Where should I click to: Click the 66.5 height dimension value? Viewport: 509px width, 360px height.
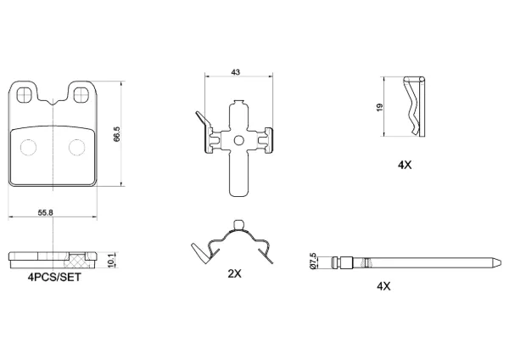point(117,134)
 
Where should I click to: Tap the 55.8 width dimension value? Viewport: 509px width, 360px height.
point(46,213)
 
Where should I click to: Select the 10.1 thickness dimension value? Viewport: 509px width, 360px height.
point(111,261)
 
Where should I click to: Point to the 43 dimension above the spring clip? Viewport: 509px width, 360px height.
point(235,72)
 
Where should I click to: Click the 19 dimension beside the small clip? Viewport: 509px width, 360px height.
point(380,107)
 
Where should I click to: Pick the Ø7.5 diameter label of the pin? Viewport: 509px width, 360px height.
point(313,261)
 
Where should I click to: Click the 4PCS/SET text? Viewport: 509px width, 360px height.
point(54,278)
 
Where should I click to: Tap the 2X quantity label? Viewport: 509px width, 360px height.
point(234,274)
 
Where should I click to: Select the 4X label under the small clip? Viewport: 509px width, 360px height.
point(405,165)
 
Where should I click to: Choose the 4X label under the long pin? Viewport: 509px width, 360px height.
point(383,286)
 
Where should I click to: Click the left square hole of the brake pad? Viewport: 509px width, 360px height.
point(25,95)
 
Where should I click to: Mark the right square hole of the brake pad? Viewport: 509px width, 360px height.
point(81,95)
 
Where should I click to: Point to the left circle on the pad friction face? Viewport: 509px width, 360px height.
point(28,147)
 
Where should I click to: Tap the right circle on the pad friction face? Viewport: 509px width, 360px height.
point(77,147)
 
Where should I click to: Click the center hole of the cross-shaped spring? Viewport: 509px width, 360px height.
point(239,140)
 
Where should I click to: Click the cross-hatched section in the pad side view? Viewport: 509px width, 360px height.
point(76,260)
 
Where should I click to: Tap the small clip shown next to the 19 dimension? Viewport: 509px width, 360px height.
point(414,107)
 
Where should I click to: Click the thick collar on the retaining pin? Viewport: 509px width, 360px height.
point(346,263)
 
